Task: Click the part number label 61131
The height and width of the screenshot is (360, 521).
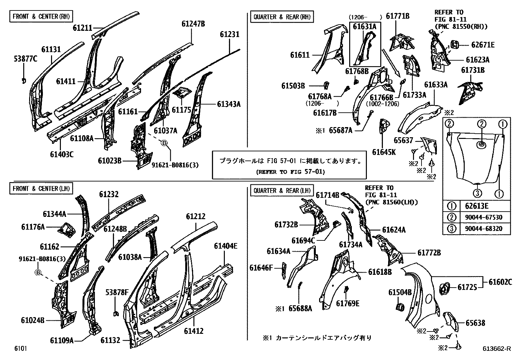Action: [x=51, y=49]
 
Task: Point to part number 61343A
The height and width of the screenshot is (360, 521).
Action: [x=228, y=104]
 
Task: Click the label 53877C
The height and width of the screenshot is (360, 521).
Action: [x=26, y=59]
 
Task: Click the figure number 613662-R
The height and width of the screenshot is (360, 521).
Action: [x=496, y=349]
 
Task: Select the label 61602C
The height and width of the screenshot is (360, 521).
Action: [x=500, y=281]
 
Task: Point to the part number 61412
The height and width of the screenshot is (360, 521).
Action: [x=193, y=331]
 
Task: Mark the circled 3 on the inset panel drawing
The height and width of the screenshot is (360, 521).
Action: [x=477, y=193]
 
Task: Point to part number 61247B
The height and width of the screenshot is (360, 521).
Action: [x=193, y=24]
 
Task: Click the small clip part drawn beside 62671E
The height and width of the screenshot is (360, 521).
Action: [x=454, y=45]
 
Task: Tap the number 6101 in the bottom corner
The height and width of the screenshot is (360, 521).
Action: [x=20, y=348]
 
